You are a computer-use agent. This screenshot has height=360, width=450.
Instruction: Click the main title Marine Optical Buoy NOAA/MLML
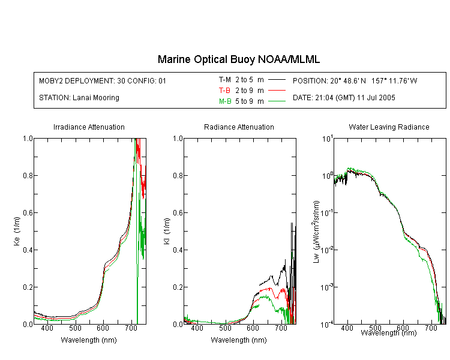238,59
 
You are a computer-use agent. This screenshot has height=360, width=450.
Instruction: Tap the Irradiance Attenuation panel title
89,127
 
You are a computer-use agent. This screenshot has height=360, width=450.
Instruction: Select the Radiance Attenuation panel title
239,127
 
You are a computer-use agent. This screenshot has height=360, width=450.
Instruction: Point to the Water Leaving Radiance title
389,127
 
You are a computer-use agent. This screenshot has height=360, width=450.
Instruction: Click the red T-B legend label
224,91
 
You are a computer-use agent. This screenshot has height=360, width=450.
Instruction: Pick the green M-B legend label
225,101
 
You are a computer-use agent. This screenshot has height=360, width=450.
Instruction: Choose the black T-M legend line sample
277,80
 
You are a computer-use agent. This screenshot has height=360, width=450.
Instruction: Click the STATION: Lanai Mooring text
79,98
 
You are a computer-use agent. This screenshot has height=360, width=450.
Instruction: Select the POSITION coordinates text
355,80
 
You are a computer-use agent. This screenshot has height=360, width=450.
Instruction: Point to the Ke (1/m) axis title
17,231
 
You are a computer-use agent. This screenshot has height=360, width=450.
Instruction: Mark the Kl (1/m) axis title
167,231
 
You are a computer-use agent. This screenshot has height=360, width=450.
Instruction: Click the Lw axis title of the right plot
316,232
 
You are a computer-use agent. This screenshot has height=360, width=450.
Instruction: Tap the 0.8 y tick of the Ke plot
28,175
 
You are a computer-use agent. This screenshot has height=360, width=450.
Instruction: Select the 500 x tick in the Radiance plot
225,328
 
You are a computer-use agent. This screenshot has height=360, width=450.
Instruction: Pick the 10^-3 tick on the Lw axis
327,287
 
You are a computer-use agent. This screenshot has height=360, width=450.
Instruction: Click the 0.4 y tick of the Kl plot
178,250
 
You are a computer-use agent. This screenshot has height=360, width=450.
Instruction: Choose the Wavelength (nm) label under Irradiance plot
89,340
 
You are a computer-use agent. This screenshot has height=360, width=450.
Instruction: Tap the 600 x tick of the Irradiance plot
103,328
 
